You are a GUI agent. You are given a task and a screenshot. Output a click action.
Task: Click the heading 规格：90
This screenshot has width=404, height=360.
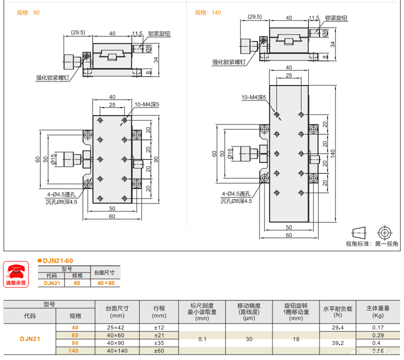[x=28, y=12]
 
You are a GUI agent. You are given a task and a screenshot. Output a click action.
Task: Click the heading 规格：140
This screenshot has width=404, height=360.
[x=207, y=12]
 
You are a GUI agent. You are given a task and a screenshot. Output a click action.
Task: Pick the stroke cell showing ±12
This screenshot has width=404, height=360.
[x=159, y=327]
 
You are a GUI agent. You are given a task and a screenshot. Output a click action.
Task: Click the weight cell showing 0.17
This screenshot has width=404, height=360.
[x=378, y=327]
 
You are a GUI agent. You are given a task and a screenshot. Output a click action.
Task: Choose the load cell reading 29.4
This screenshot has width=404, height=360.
[x=337, y=327]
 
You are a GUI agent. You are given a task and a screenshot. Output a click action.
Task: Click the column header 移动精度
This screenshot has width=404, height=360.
[x=249, y=306]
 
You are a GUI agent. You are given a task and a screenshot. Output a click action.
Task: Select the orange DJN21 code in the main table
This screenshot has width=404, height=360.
[x=30, y=339]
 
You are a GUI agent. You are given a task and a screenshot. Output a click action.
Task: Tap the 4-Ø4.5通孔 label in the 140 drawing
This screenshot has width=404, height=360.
[x=235, y=194]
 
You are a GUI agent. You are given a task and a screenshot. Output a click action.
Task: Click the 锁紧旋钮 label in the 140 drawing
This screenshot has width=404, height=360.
[x=336, y=18]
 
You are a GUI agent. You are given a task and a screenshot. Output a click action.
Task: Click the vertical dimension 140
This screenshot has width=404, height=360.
[x=332, y=152]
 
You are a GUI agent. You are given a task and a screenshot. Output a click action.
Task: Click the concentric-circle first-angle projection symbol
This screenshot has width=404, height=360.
[x=384, y=232]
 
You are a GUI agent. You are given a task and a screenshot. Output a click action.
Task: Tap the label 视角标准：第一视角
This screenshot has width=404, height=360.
[x=372, y=244]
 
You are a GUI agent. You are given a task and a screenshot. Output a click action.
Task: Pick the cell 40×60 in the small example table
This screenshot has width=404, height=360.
[x=105, y=283]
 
